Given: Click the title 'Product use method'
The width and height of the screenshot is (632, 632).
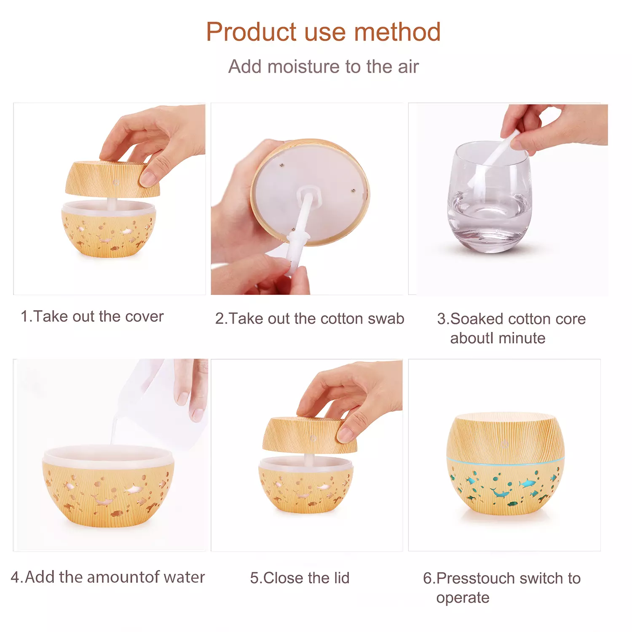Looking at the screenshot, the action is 323,32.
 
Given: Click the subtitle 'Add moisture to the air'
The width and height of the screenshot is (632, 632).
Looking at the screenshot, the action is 323,67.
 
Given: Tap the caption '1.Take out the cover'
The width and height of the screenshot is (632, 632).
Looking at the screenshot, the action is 92,316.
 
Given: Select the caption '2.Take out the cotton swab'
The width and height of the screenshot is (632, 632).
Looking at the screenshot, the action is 309,319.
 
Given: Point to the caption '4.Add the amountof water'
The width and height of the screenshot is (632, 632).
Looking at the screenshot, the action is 107,577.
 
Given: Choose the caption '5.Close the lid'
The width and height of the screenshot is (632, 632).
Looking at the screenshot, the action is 300,578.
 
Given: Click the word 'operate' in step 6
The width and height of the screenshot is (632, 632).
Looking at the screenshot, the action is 463,598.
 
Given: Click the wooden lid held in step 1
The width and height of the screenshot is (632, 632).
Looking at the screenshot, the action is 112,179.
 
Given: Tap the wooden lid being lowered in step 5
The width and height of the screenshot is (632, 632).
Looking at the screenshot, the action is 310,435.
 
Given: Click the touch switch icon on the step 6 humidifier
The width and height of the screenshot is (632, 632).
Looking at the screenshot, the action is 505,443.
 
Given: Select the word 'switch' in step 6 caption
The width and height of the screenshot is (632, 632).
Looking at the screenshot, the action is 534,578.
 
